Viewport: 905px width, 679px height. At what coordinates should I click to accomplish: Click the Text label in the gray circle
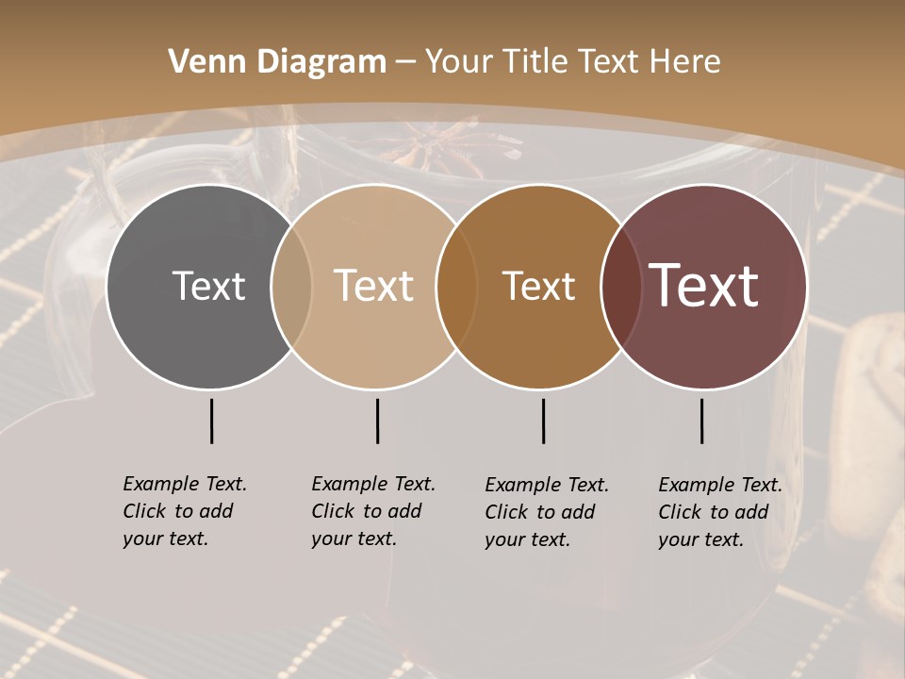[x=208, y=286]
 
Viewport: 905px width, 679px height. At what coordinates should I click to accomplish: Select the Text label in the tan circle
[x=373, y=286]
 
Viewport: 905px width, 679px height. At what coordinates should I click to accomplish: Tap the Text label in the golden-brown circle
[x=538, y=286]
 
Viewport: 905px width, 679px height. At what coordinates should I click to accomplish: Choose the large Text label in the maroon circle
[x=703, y=286]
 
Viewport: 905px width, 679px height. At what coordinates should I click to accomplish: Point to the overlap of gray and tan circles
[x=291, y=286]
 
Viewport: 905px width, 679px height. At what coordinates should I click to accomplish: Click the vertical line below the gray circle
[x=211, y=421]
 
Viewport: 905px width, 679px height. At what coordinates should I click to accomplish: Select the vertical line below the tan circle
[x=377, y=421]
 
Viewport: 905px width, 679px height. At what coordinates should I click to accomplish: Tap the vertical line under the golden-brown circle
[x=543, y=421]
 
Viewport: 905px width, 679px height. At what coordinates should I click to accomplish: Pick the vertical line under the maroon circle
[x=701, y=421]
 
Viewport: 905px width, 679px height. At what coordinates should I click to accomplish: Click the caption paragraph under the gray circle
[x=184, y=511]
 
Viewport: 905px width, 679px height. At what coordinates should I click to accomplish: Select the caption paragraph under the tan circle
[x=372, y=511]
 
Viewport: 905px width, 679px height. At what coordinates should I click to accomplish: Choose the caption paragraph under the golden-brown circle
[x=546, y=512]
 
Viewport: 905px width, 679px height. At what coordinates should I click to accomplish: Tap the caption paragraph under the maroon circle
[x=719, y=512]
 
